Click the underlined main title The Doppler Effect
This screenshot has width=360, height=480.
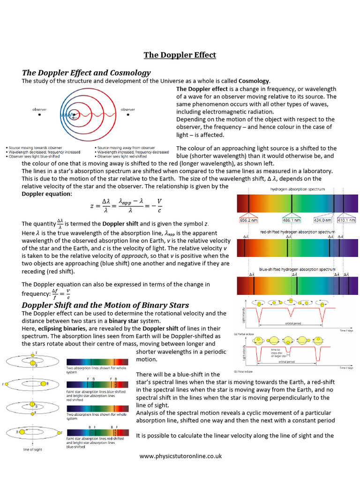coord(180,55)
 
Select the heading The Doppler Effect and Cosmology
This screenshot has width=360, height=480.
coord(86,73)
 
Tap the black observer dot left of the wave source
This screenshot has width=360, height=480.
coord(39,114)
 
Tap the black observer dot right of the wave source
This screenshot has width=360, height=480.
coord(127,114)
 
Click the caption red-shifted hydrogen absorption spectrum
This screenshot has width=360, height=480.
coord(298,232)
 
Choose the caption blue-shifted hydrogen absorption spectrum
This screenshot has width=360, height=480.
coord(298,270)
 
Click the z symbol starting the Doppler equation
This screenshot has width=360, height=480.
coord(92,205)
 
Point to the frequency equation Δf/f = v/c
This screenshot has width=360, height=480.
coord(60,293)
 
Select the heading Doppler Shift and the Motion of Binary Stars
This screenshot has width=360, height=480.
coord(105,305)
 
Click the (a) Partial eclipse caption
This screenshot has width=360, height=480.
coord(245,334)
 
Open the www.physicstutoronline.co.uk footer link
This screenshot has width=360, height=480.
coord(180,456)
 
